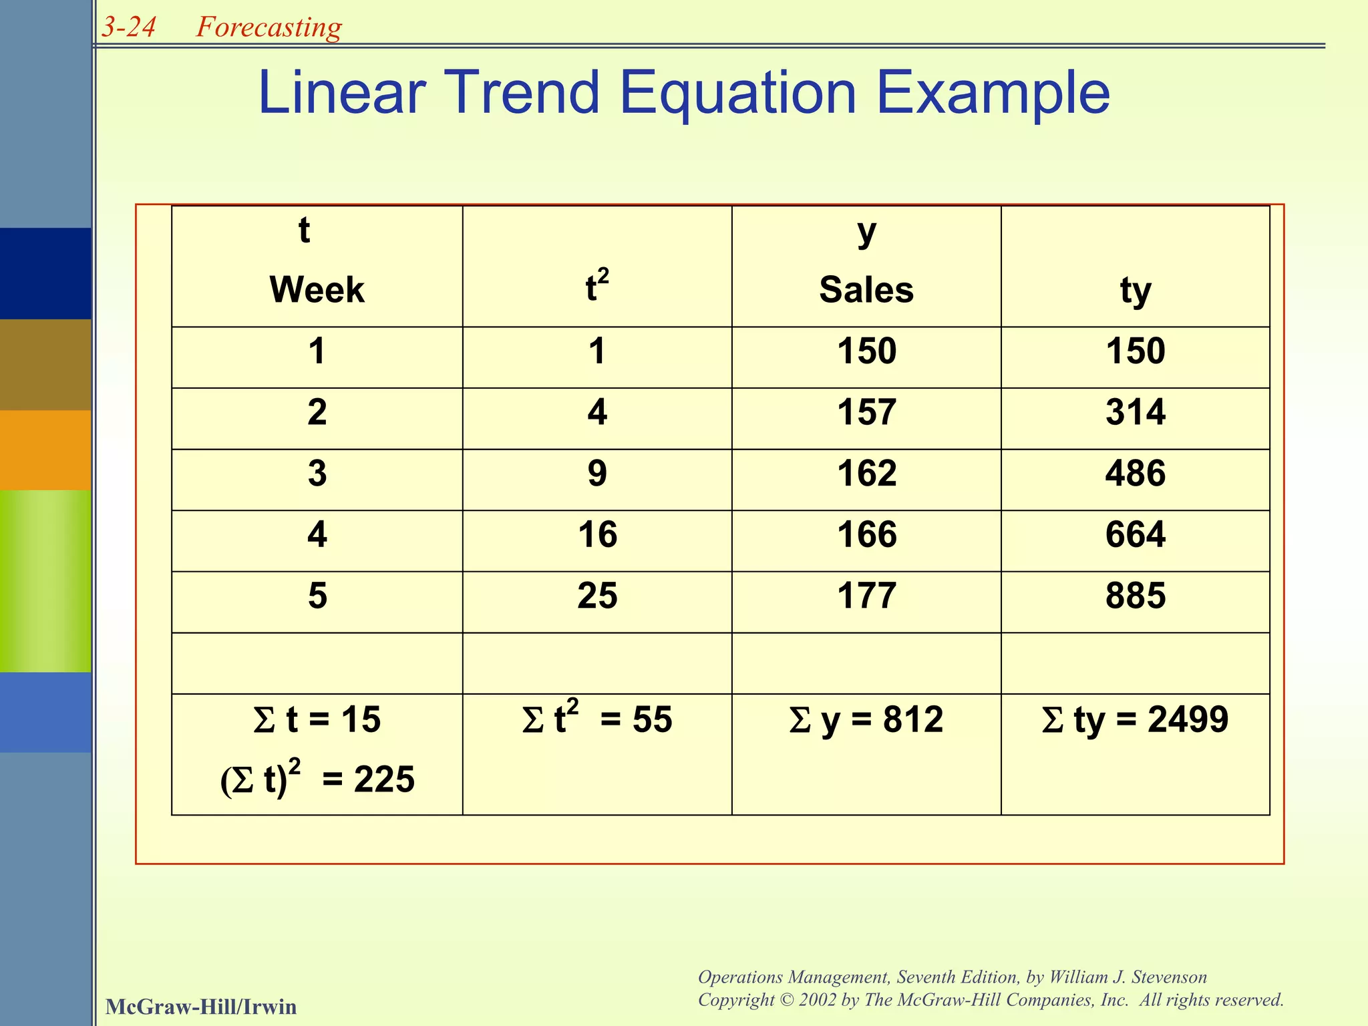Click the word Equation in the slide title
[x=738, y=94]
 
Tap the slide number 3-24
[x=129, y=27]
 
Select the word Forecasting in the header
[x=269, y=27]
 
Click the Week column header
[x=317, y=290]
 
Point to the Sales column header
[x=866, y=290]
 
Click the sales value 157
[x=866, y=412]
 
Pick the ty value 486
[x=1136, y=474]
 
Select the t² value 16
[x=597, y=534]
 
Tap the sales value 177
[x=866, y=595]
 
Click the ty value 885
[x=1136, y=595]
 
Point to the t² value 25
[x=597, y=595]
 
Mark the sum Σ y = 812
[x=866, y=720]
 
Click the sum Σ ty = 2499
[x=1135, y=720]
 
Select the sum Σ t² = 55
[x=597, y=719]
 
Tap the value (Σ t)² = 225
[x=317, y=779]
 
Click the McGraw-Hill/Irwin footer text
[x=201, y=1007]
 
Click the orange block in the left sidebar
[x=45, y=450]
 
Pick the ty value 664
[x=1136, y=534]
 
